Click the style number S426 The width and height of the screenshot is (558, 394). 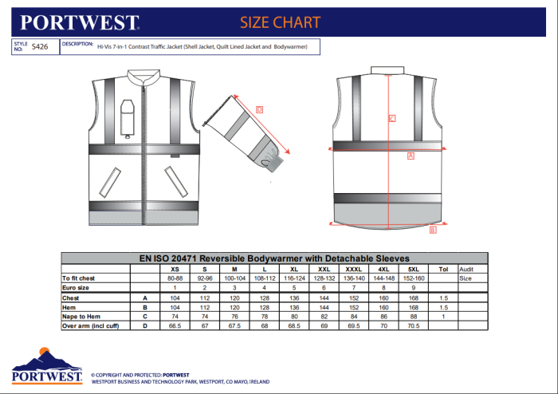coord(39,48)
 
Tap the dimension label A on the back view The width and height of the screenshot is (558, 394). coord(411,156)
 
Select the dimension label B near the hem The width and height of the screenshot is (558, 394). coord(433,230)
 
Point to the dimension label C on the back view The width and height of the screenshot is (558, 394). coord(391,119)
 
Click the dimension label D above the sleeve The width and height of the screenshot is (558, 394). coord(260,109)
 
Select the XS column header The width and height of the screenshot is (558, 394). coord(175,269)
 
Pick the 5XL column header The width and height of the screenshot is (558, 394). coord(412,269)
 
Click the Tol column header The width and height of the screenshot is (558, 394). coord(444,269)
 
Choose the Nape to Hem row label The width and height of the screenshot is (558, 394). coord(83,316)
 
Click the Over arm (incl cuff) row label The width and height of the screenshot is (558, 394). coord(91,325)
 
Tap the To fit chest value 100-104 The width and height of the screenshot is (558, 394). coord(234,278)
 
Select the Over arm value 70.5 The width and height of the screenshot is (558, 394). coord(412,325)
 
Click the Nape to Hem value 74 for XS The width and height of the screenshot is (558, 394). coord(175,316)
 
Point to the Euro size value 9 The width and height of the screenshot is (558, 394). coord(412,287)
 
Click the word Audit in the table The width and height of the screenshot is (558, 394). coord(467,269)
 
